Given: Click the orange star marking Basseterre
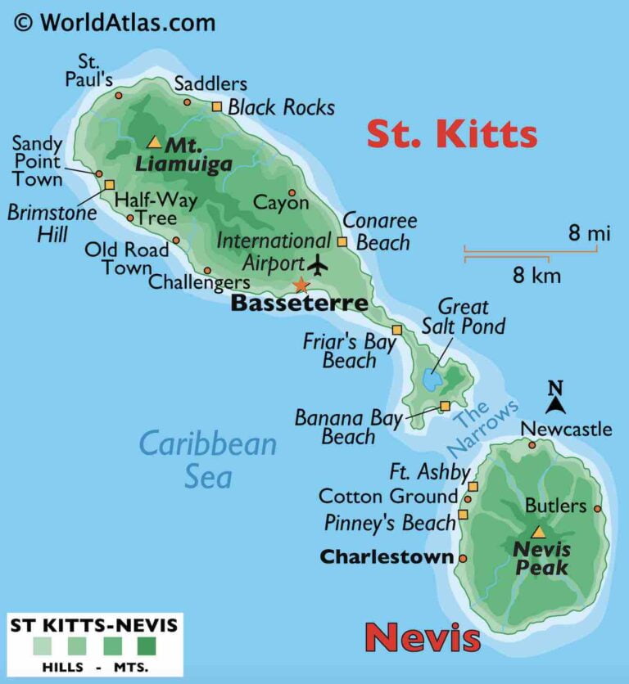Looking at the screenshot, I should coord(301,285).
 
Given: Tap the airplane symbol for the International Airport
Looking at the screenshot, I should coord(316,265).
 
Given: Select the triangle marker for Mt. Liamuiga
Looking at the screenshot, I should coord(154,142).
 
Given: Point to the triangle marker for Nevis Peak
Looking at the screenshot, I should coord(538,532).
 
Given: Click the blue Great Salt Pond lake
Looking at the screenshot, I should coord(432,380).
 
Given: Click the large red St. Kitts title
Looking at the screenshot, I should coord(451,133).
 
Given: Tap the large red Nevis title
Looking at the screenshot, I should coord(422,637).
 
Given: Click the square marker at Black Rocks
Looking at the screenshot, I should coord(217,106).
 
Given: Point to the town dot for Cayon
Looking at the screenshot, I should coord(292,193).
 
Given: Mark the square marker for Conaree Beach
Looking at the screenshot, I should coord(342,241).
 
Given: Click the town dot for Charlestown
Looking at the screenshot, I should coord(463,559).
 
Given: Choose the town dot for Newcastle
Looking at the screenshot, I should coord(532,445).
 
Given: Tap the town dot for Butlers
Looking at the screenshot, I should coord(597,508).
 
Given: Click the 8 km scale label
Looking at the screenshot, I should coord(536,275).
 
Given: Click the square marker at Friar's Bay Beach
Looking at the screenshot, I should coord(396,330).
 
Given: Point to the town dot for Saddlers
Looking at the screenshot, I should coord(187,102).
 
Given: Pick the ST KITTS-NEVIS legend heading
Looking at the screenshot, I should coord(93,626).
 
